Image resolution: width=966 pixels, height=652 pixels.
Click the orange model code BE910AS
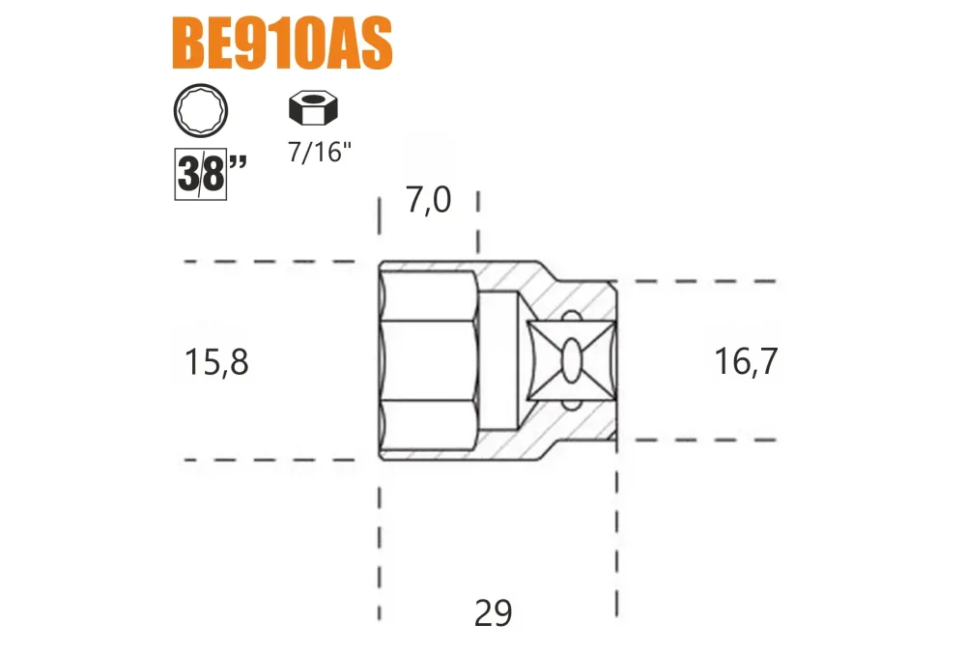click(281, 43)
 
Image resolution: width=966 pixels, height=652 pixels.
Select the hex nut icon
click(313, 108)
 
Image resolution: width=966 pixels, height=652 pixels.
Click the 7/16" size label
click(320, 153)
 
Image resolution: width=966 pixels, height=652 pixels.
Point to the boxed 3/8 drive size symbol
click(201, 174)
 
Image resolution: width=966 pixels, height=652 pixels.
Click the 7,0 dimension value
click(428, 200)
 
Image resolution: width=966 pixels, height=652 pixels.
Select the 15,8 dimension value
click(216, 362)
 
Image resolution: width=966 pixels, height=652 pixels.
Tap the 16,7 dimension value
click(746, 361)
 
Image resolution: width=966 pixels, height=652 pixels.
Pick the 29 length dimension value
click(494, 613)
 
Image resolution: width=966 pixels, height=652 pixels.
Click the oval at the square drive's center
click(571, 360)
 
